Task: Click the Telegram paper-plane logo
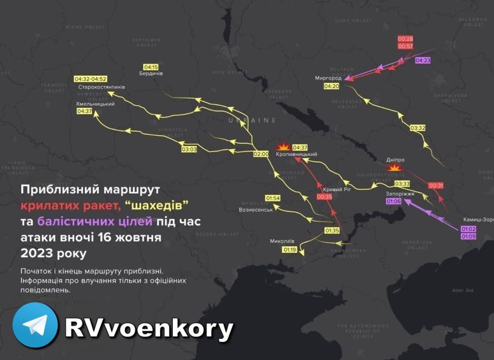click(35, 325)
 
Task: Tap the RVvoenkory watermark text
click(149, 327)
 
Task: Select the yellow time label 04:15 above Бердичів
click(151, 67)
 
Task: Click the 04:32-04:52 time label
click(91, 79)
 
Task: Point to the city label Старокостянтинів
click(102, 87)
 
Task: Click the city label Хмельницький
click(95, 104)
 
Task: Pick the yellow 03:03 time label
click(189, 149)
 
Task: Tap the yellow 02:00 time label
click(260, 154)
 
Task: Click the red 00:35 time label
click(325, 197)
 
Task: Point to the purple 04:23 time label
click(423, 60)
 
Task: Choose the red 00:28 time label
click(405, 39)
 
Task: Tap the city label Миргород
click(328, 78)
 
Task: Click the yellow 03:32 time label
click(418, 128)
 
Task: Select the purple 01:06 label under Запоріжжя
click(394, 201)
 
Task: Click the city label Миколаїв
click(282, 241)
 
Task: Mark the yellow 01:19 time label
click(289, 250)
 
